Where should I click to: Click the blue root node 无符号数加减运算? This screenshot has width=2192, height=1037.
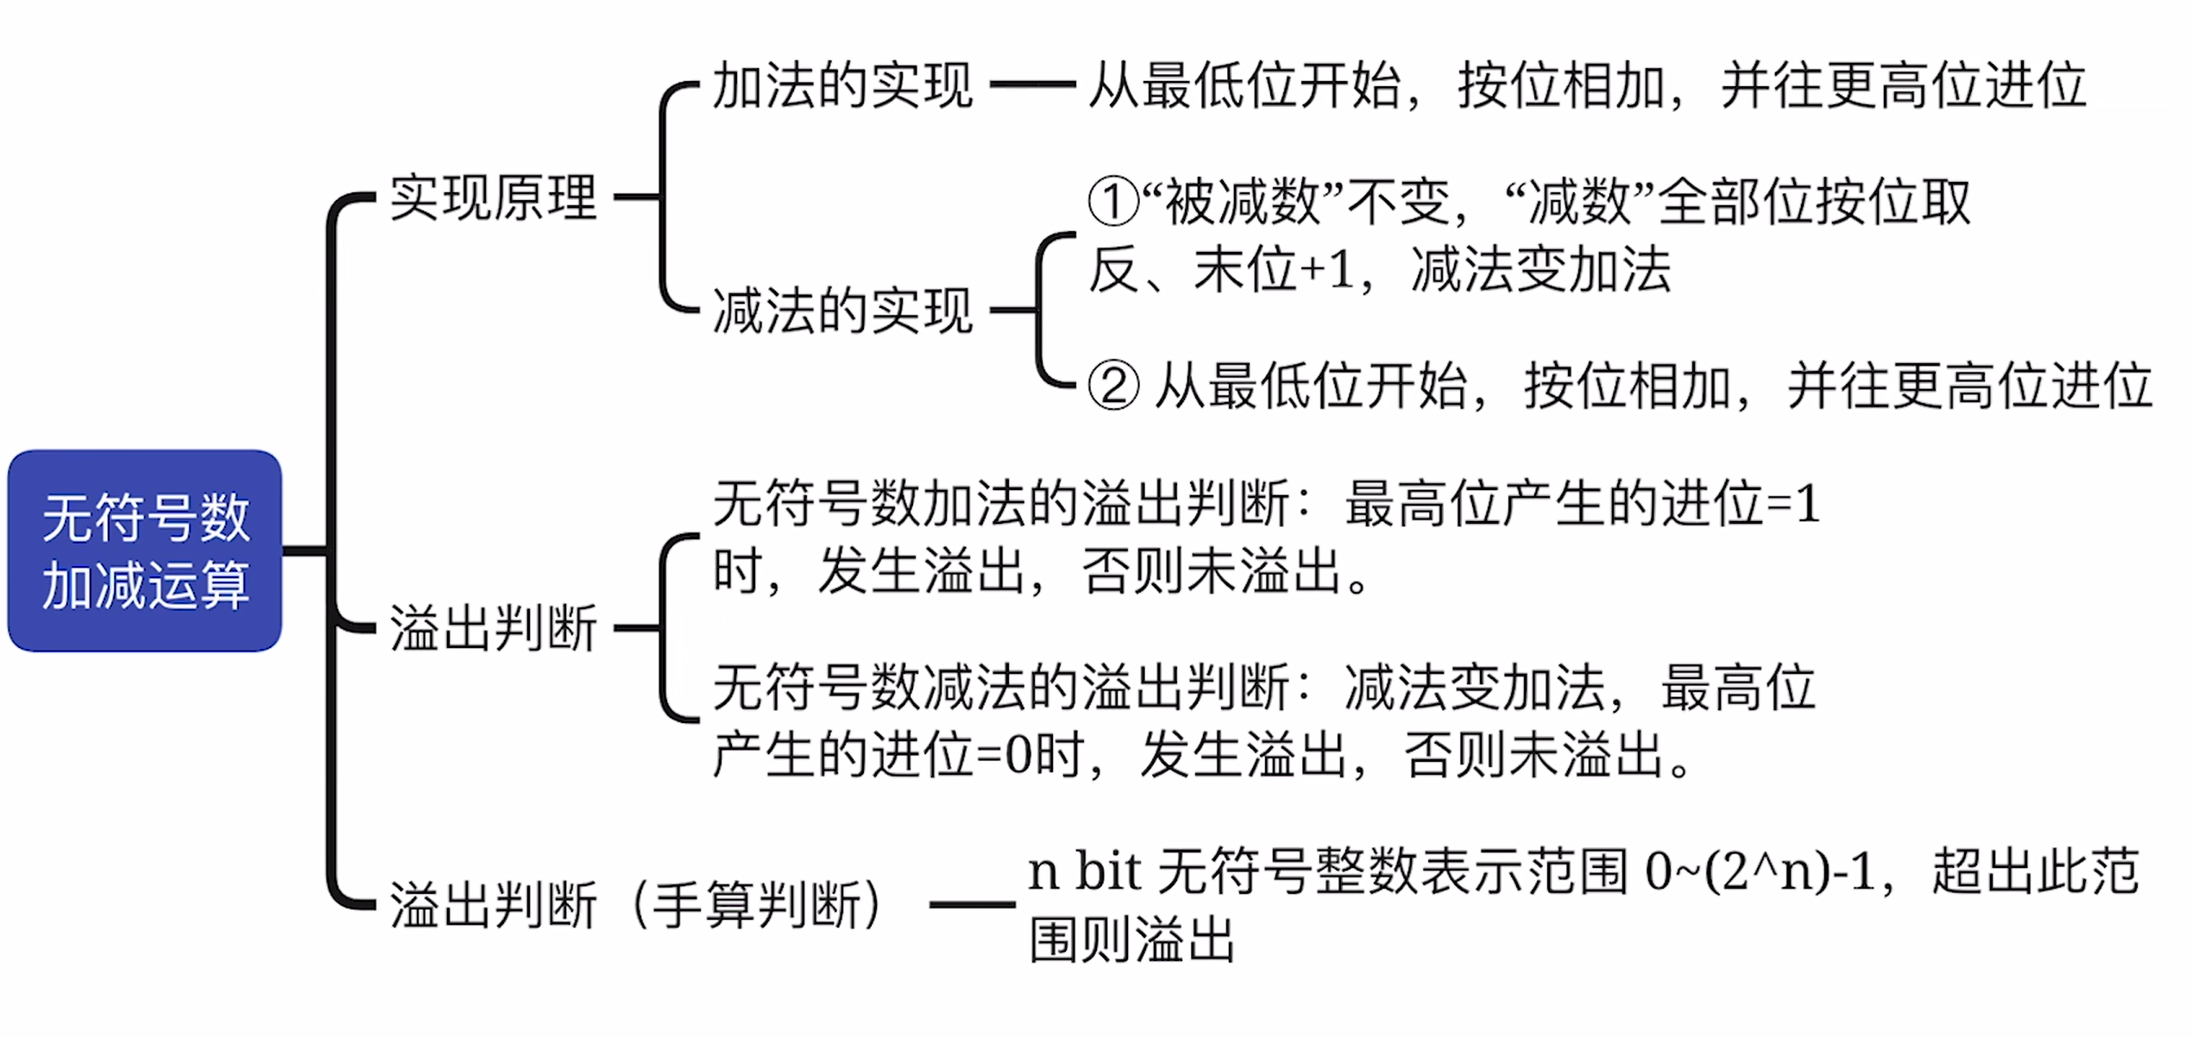(x=145, y=550)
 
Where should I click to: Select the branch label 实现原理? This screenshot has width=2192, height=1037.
(x=494, y=198)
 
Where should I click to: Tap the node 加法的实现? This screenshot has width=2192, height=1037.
(x=843, y=85)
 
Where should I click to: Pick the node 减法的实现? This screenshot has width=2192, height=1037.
(x=843, y=311)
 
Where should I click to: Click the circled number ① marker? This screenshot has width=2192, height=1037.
(x=1113, y=203)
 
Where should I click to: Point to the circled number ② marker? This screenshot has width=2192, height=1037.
(x=1113, y=386)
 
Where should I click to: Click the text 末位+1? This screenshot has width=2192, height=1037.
(x=1274, y=270)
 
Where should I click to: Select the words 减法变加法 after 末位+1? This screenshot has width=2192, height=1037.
(x=1541, y=270)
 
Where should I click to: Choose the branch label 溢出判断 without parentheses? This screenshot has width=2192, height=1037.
(x=494, y=628)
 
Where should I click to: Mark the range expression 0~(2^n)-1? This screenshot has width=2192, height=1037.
(x=1761, y=871)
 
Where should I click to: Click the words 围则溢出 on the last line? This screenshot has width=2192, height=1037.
(x=1132, y=940)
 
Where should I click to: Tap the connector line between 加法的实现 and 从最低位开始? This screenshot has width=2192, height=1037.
(x=1033, y=85)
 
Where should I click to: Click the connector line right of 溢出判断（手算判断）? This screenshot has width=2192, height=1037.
(x=973, y=905)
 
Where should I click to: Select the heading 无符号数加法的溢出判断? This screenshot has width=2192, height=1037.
(x=1002, y=504)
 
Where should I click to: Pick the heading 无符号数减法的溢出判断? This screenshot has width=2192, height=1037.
(x=1002, y=688)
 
